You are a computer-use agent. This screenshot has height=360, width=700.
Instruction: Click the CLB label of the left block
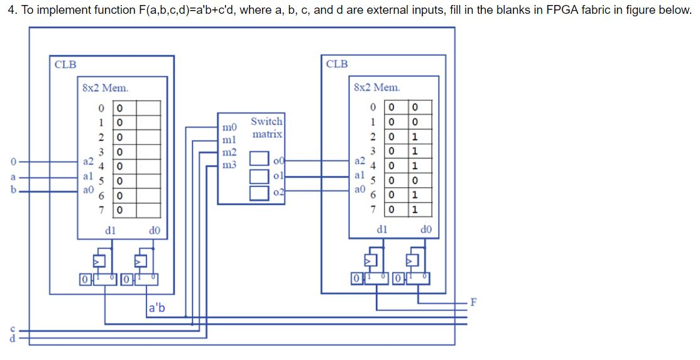[65, 64]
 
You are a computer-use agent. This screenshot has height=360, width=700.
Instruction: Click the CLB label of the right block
[337, 64]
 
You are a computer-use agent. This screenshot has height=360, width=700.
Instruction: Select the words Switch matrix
[266, 128]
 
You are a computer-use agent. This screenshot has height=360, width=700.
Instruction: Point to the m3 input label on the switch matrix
[229, 165]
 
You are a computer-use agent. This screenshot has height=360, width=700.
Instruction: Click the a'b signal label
[156, 308]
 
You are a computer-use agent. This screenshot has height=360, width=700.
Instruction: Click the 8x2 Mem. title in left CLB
[105, 88]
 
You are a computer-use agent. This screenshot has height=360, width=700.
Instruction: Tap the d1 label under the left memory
[110, 231]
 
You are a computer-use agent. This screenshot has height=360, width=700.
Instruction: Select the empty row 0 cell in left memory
[148, 107]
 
